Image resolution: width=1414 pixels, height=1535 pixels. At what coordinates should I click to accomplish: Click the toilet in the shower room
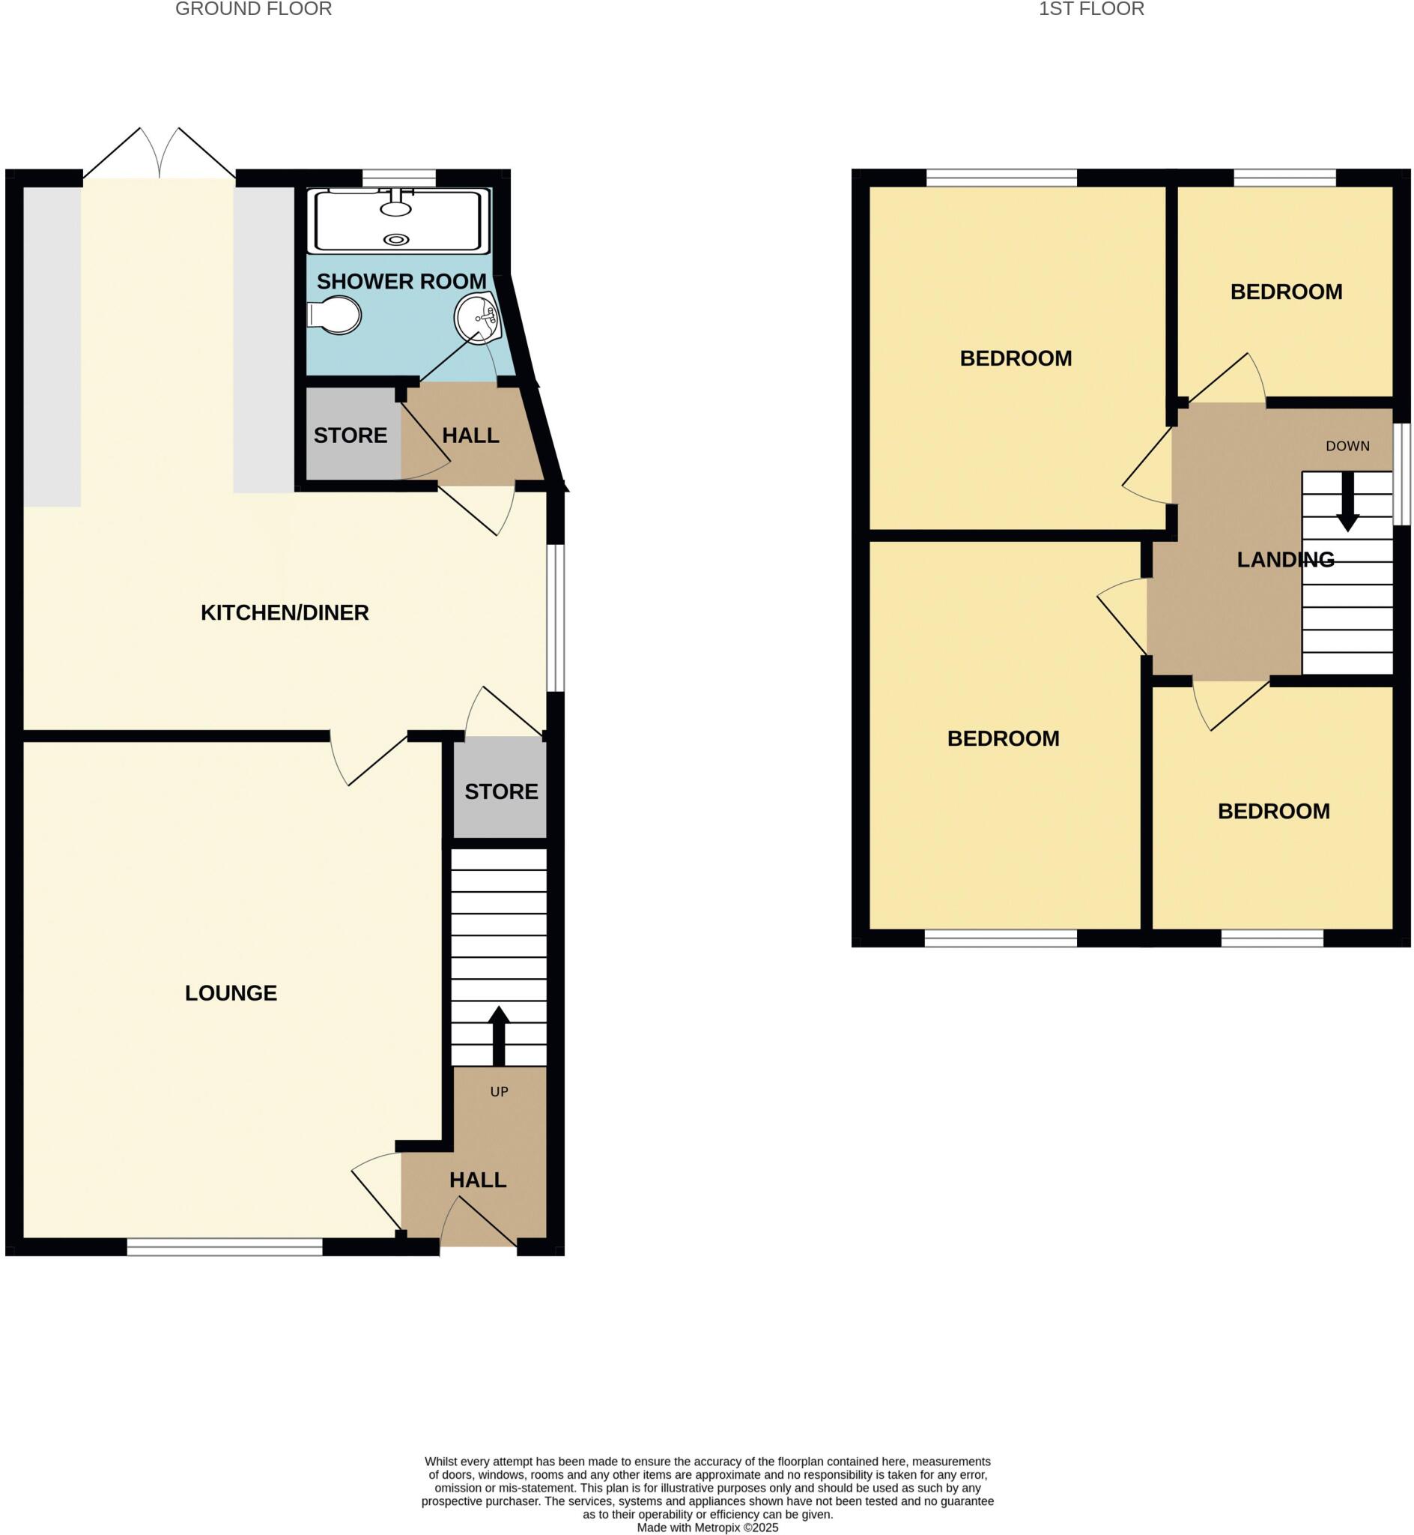click(x=335, y=316)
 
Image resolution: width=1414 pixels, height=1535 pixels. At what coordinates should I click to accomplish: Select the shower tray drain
click(x=395, y=240)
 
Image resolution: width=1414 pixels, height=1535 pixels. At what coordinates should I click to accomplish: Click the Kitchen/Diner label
click(x=285, y=612)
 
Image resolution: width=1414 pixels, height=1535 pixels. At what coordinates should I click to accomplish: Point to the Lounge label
click(x=231, y=993)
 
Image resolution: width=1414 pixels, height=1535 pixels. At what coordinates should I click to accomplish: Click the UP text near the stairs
click(x=499, y=1092)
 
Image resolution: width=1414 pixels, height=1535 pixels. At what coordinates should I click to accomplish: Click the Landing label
click(x=1285, y=560)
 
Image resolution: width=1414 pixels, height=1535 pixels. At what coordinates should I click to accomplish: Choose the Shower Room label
click(x=401, y=282)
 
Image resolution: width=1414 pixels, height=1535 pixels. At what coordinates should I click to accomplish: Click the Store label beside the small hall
click(x=351, y=435)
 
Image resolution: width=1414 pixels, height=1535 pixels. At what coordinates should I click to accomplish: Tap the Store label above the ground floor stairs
click(x=501, y=791)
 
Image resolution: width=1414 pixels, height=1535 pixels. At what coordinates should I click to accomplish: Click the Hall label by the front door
click(x=478, y=1180)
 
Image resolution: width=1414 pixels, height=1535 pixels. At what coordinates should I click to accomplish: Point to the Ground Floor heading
click(x=253, y=9)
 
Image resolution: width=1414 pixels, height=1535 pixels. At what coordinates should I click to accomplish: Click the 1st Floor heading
click(x=1091, y=9)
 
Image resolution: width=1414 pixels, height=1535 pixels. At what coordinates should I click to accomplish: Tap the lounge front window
click(x=225, y=1247)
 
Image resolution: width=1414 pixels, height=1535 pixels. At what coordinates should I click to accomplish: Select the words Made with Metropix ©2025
click(x=707, y=1528)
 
